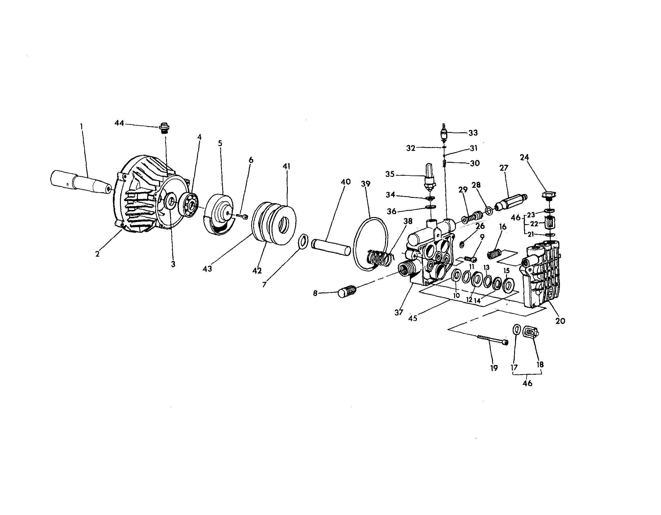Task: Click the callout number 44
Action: [x=119, y=123]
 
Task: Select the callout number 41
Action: [x=286, y=166]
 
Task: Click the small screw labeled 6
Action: [x=242, y=216]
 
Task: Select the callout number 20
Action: [x=560, y=321]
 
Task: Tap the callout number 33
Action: [x=473, y=133]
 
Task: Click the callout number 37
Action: [x=399, y=312]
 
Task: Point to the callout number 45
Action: [x=412, y=318]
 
